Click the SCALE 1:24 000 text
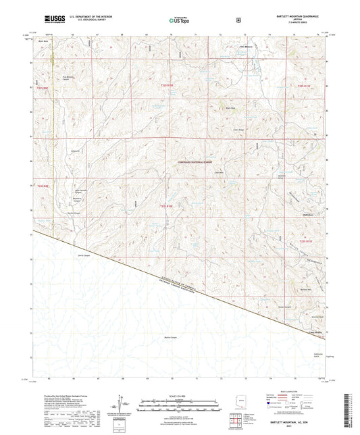[x=179, y=395]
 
